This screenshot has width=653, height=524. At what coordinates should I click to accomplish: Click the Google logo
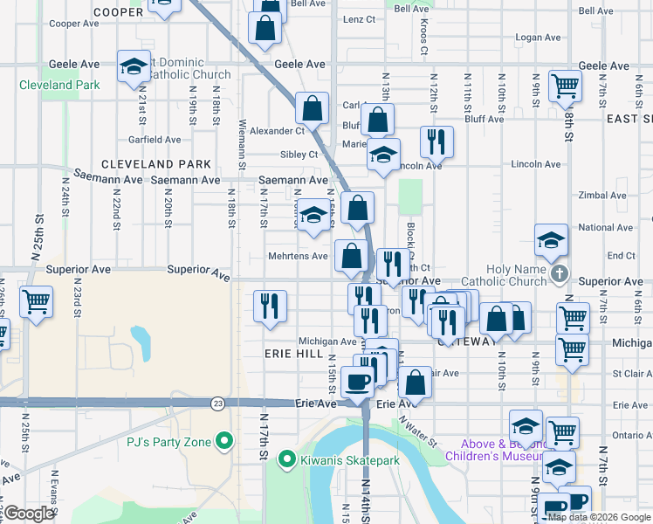29,514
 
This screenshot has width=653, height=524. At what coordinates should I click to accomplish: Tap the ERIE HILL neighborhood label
295,354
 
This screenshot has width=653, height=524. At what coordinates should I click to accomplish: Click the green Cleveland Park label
59,86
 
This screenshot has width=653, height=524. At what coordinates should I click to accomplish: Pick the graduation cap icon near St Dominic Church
134,66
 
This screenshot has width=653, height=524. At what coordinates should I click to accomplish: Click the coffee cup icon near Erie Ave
357,381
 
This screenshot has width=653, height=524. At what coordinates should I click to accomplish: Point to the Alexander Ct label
277,131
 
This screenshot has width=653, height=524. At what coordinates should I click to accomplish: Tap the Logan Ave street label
537,38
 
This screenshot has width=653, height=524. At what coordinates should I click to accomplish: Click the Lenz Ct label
360,18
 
